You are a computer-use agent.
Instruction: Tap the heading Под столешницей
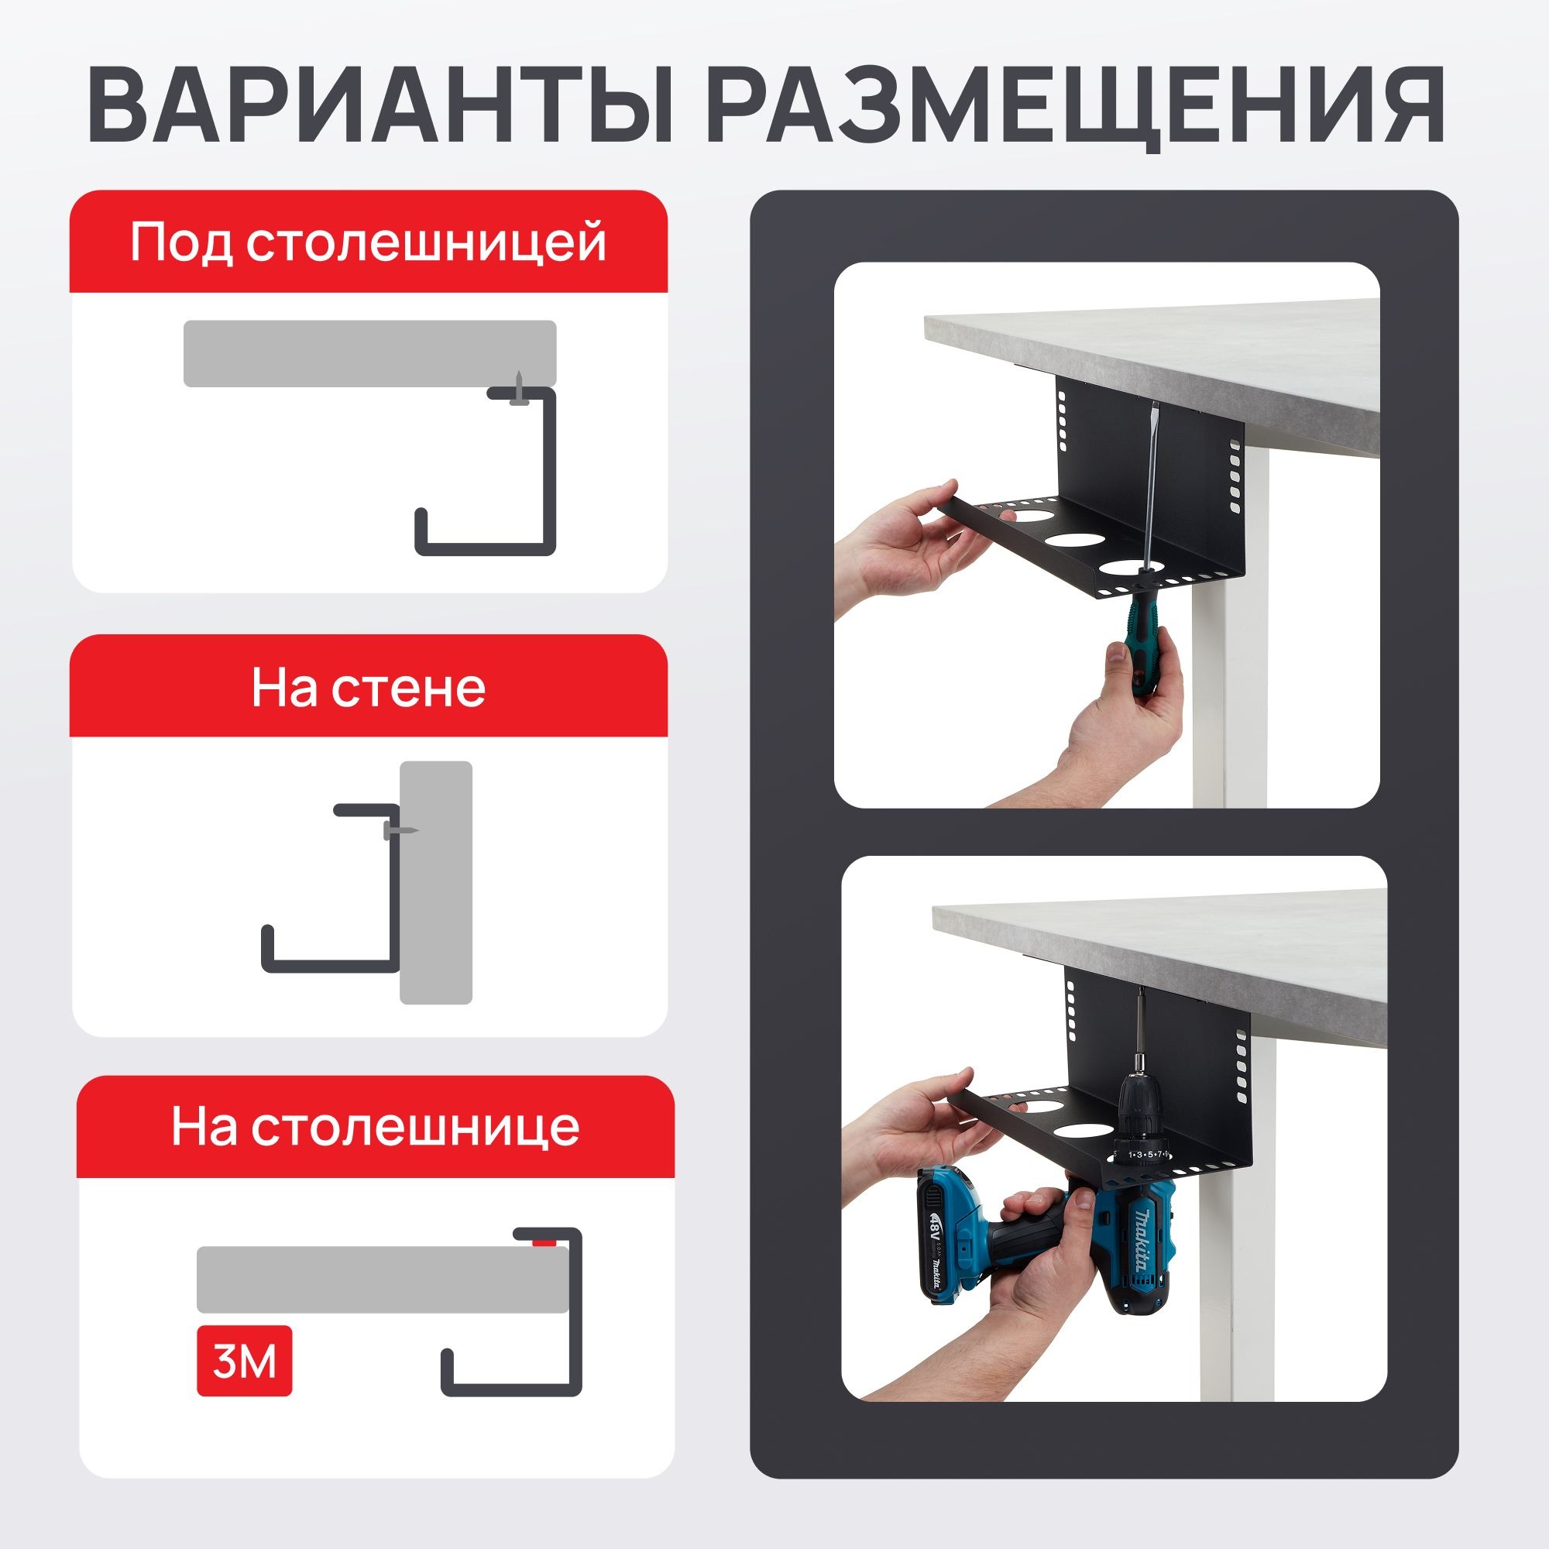[x=369, y=242]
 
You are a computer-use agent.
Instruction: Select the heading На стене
[x=369, y=687]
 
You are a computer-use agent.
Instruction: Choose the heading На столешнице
[x=375, y=1126]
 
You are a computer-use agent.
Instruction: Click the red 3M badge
[x=245, y=1362]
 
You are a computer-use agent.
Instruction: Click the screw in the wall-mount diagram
[x=400, y=830]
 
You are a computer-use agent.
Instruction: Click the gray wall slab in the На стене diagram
[x=436, y=882]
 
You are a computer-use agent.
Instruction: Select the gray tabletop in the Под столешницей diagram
[x=369, y=354]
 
